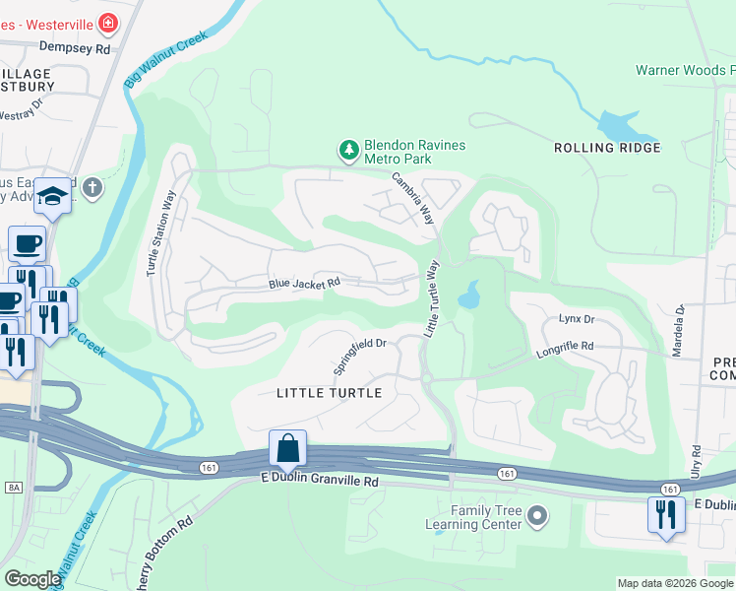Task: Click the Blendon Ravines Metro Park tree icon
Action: click(347, 150)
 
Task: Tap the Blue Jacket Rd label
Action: click(304, 284)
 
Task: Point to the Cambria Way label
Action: click(413, 199)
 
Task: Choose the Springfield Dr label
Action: click(362, 356)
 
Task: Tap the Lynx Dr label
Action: click(577, 319)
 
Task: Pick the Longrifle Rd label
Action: click(566, 347)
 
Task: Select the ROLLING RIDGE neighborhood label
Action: click(607, 148)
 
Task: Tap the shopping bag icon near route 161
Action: click(286, 448)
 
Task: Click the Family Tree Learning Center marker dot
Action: click(537, 515)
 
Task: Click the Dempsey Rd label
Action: click(82, 46)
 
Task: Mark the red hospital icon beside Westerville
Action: click(107, 21)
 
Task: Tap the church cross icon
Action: click(92, 187)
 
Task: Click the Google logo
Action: click(32, 579)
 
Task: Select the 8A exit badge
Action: click(14, 487)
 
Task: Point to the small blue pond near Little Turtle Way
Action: click(468, 294)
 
